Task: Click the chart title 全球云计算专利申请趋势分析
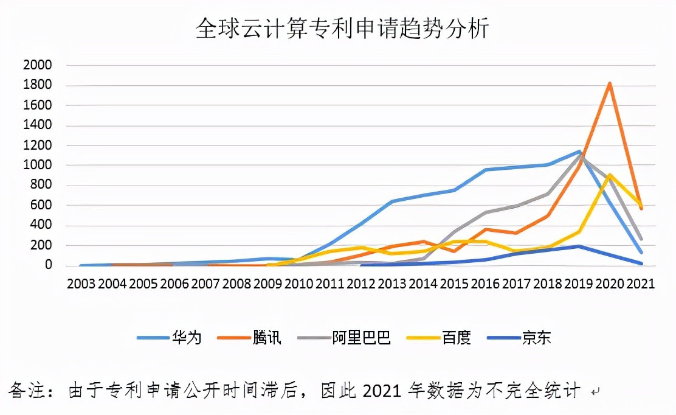point(342,27)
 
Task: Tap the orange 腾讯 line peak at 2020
point(609,83)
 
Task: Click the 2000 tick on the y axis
point(37,65)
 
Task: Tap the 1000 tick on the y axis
point(37,166)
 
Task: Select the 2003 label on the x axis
point(81,284)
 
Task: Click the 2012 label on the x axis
point(361,284)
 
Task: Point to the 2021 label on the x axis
point(640,284)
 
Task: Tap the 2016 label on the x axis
point(485,284)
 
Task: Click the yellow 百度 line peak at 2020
point(609,175)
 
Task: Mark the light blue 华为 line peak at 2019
point(579,152)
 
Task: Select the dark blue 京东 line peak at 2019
point(579,246)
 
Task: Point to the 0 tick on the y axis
point(52,266)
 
